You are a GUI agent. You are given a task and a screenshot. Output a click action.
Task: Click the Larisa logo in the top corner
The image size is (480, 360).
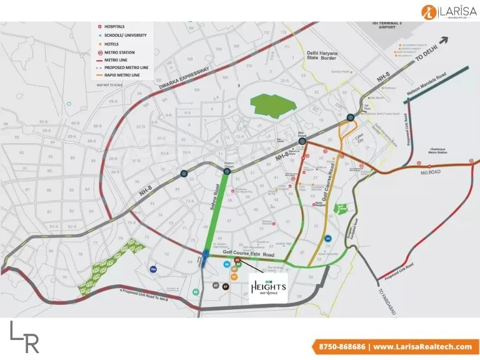click(x=448, y=11)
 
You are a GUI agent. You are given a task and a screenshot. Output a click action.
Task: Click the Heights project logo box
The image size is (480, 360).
click(x=268, y=288)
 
